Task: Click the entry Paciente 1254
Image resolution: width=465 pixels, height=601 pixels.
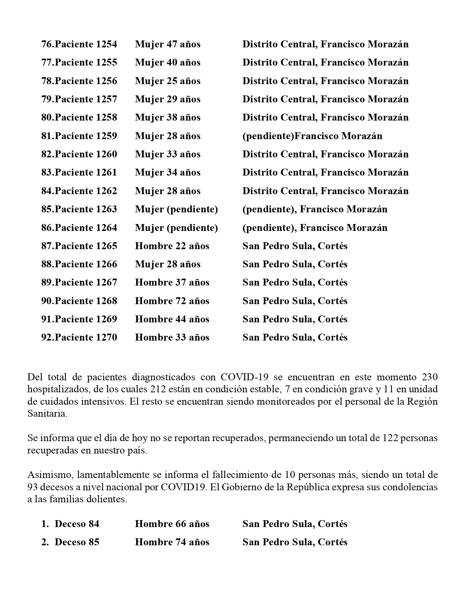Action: (86, 44)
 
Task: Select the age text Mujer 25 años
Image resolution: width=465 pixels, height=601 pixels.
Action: (167, 81)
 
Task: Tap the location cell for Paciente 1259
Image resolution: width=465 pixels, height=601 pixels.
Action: (312, 136)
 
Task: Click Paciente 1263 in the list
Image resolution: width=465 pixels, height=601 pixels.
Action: (86, 209)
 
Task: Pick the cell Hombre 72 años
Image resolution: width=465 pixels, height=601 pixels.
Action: (172, 301)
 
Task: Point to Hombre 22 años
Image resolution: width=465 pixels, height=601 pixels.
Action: (172, 246)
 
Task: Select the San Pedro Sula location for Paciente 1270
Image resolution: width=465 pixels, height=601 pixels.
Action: (295, 337)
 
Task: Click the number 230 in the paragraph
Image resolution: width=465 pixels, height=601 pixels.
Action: (429, 377)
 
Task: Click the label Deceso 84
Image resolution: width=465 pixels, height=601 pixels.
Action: (77, 524)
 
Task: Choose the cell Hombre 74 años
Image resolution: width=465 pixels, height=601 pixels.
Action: (172, 542)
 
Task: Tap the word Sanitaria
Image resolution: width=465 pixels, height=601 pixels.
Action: (47, 413)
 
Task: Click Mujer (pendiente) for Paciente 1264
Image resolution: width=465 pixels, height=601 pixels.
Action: (176, 228)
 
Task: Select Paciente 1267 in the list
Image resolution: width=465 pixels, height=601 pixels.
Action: (86, 282)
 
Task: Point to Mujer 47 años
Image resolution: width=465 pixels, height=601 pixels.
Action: (167, 44)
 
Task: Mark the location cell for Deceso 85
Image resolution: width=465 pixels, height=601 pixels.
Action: (295, 542)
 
